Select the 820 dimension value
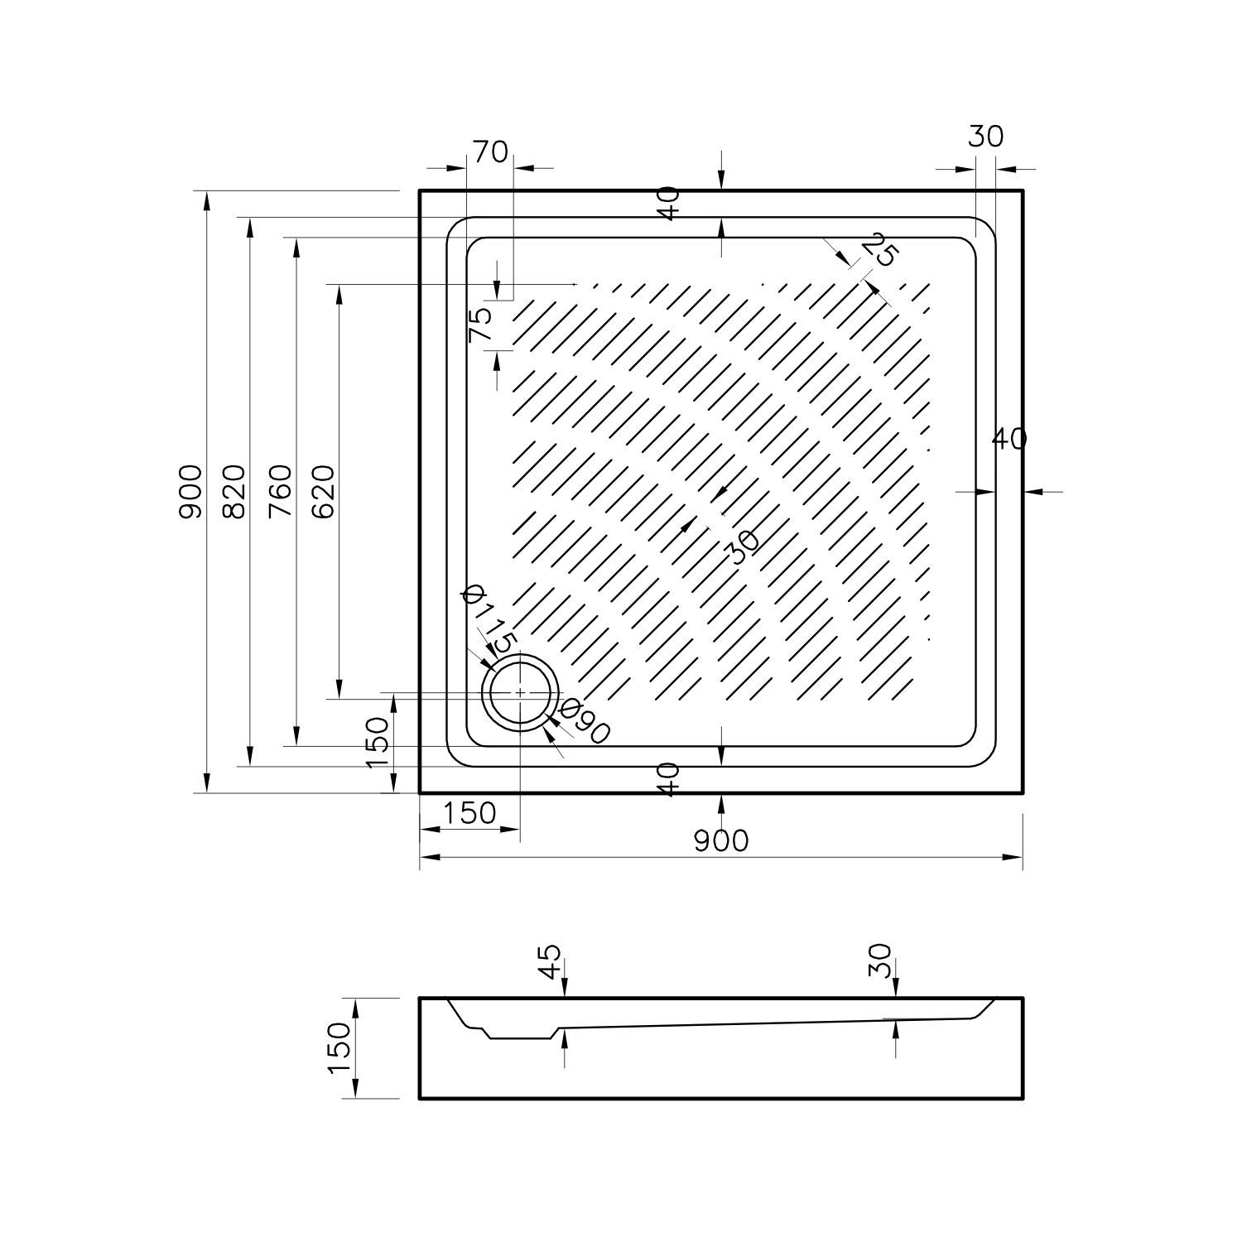point(234,491)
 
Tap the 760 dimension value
point(281,491)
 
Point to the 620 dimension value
point(324,491)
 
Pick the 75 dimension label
point(480,324)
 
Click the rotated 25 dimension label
point(879,249)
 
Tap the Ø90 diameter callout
point(585,722)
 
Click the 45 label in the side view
point(550,961)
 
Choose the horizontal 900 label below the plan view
point(720,840)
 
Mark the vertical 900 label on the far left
point(190,491)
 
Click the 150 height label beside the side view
point(340,1047)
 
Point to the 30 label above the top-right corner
point(985,136)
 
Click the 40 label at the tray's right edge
point(1009,439)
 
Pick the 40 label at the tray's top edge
point(670,203)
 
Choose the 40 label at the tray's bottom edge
point(670,779)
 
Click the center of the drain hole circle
point(520,691)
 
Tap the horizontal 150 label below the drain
point(469,813)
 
